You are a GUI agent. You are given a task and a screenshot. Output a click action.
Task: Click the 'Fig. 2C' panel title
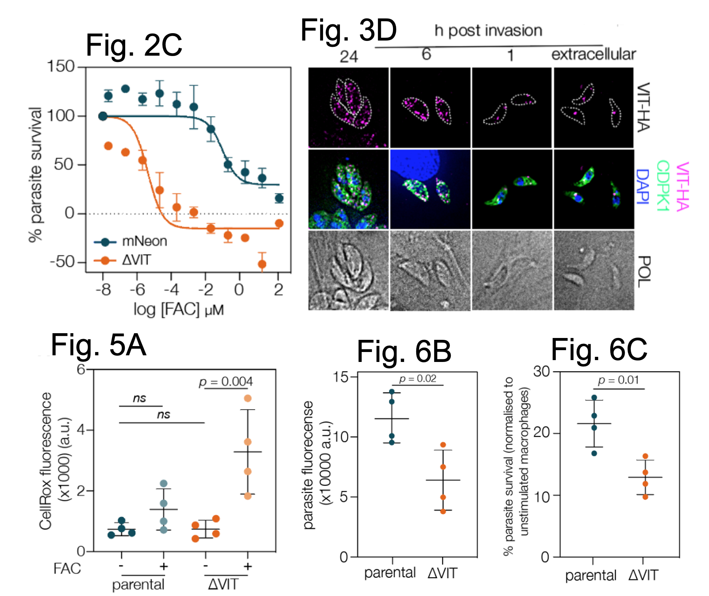tap(134, 45)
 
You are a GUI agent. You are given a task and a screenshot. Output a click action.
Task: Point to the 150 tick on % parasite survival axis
tap(61, 67)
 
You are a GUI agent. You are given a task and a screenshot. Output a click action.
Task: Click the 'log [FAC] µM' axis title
tap(178, 310)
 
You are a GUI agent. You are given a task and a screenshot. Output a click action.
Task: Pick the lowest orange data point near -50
tap(262, 264)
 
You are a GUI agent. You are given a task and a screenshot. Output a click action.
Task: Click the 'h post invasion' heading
tap(488, 31)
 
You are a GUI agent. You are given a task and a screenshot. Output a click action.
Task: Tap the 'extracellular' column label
tap(593, 54)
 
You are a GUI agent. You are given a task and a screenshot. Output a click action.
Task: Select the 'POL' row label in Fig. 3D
tap(643, 272)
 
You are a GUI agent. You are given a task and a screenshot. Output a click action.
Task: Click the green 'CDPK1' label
tap(663, 186)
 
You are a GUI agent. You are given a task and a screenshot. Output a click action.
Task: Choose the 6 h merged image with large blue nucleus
tap(430, 189)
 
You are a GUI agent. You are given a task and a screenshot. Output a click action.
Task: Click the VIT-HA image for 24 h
tap(348, 107)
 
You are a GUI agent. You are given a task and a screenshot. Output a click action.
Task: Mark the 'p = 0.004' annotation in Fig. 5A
tap(226, 382)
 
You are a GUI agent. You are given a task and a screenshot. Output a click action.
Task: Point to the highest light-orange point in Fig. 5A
tap(248, 398)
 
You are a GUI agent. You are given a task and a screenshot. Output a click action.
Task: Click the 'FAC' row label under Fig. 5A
tap(67, 568)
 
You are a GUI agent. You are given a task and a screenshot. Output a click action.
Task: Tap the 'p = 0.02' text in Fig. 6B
tap(418, 379)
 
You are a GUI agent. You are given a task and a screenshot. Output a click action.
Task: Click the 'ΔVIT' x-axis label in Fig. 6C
tap(643, 575)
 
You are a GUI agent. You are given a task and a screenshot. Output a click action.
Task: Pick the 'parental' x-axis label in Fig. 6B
tap(390, 573)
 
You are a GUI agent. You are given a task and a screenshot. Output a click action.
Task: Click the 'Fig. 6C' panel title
tap(599, 349)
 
